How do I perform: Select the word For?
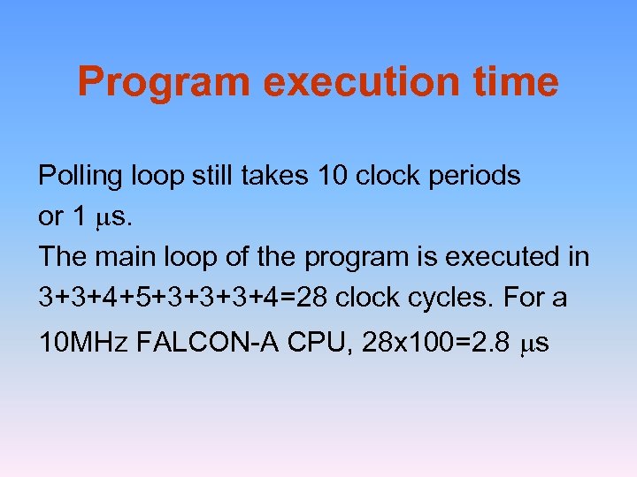525,298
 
